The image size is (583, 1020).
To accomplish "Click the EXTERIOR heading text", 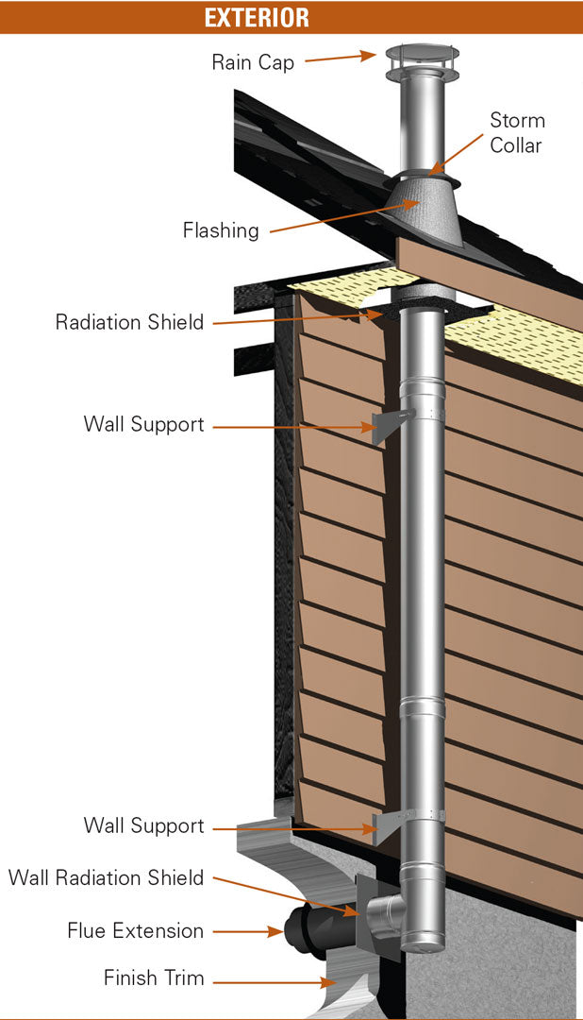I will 257,17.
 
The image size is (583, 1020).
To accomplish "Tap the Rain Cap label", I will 252,63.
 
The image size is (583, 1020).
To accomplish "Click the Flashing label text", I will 221,229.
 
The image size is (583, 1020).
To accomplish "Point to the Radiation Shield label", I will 129,322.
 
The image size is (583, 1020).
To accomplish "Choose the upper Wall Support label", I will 143,424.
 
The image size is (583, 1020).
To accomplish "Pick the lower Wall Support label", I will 143,826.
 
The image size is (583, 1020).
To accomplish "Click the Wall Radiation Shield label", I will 106,877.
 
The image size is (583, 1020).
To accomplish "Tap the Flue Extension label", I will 135,930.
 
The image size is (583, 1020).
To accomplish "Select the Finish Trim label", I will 154,977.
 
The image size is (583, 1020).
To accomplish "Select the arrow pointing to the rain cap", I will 340,59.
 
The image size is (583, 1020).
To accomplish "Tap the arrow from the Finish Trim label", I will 274,982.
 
